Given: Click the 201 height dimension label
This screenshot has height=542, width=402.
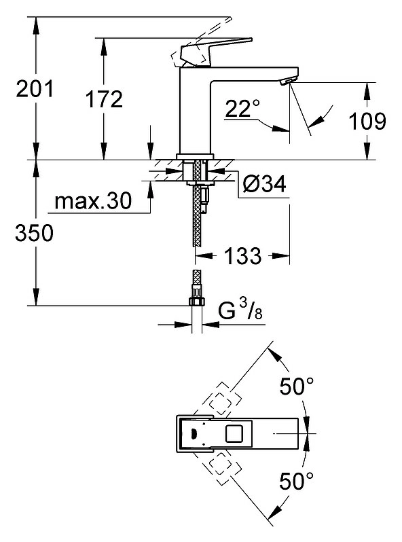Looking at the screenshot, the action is pyautogui.click(x=35, y=88).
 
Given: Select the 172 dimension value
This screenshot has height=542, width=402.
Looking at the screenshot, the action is pyautogui.click(x=104, y=99).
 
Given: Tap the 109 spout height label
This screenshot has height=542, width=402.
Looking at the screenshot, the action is pyautogui.click(x=367, y=121).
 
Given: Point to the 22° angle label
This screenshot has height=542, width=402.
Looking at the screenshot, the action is pyautogui.click(x=242, y=108).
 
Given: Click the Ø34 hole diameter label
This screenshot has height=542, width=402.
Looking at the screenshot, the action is pyautogui.click(x=265, y=183).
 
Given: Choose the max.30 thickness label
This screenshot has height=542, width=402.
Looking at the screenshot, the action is pyautogui.click(x=93, y=200).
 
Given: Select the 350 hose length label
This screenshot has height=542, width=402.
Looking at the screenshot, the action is pyautogui.click(x=35, y=233).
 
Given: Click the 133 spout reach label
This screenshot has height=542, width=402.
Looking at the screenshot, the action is pyautogui.click(x=243, y=256).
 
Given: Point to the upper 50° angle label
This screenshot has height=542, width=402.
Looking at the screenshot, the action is pyautogui.click(x=297, y=386).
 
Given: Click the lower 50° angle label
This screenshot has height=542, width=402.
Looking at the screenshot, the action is pyautogui.click(x=297, y=481).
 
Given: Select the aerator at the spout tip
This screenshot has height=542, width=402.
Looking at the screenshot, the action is pyautogui.click(x=287, y=82).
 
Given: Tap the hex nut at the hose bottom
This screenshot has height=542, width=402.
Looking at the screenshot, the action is pyautogui.click(x=197, y=301).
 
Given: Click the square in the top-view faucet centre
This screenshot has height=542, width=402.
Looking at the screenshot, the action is pyautogui.click(x=235, y=434).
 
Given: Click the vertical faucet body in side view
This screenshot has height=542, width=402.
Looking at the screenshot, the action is pyautogui.click(x=196, y=111).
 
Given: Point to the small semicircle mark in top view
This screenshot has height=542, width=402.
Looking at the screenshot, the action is pyautogui.click(x=194, y=433).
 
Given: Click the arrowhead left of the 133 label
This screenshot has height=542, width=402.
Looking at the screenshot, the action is pyautogui.click(x=203, y=256).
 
